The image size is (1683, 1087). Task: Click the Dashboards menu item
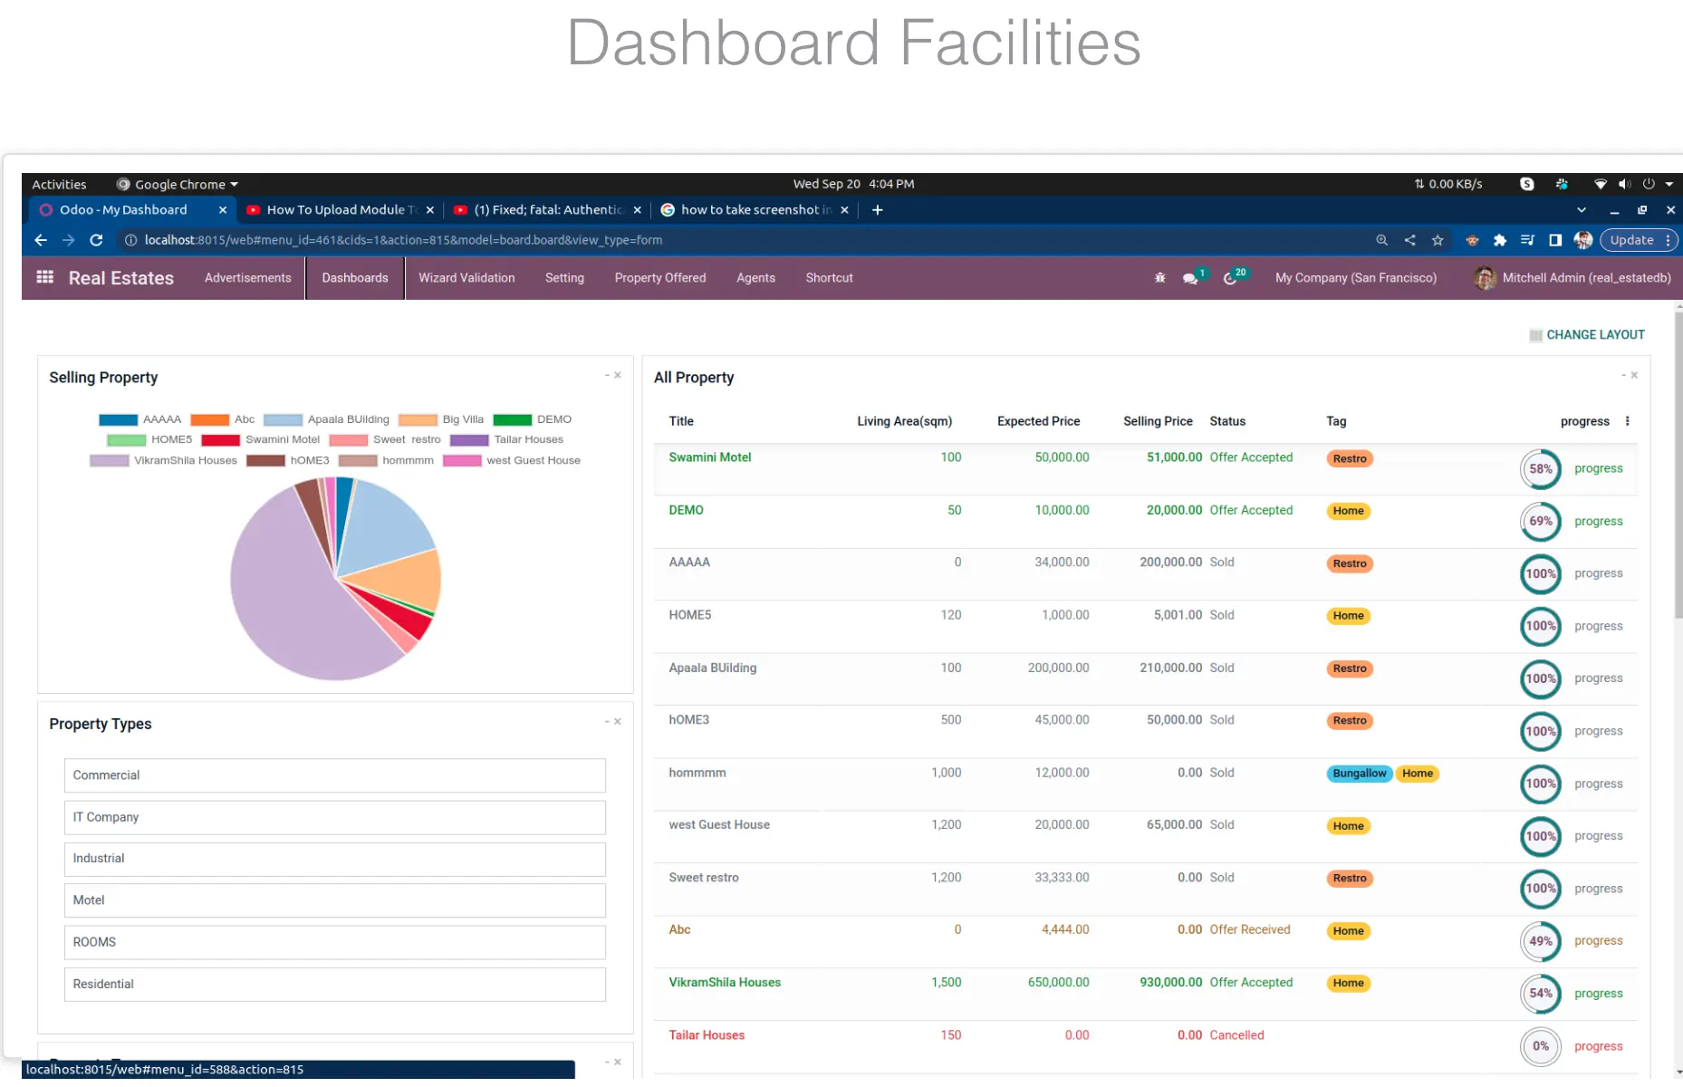(x=355, y=278)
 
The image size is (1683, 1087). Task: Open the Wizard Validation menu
(x=466, y=278)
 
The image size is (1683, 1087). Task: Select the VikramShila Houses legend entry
(x=164, y=461)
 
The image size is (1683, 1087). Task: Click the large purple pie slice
(x=290, y=607)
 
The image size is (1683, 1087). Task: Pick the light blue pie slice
(x=389, y=525)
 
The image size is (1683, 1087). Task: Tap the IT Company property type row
(x=335, y=817)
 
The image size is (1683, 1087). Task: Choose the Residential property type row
(x=335, y=985)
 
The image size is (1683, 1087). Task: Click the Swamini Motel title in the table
(x=710, y=457)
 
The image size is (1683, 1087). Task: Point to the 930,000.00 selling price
(x=1170, y=983)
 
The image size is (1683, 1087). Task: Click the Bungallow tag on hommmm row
(x=1360, y=774)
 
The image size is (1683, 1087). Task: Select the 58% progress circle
(x=1541, y=469)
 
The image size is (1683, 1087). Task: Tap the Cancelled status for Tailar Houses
(x=1236, y=1035)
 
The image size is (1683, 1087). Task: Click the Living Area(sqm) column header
(x=904, y=421)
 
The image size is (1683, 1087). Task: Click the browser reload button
(x=96, y=240)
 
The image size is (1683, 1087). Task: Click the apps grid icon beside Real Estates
(x=44, y=277)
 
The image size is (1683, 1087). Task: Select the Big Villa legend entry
(x=441, y=420)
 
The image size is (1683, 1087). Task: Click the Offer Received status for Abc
(x=1250, y=930)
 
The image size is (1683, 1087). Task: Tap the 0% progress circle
(x=1541, y=1047)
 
